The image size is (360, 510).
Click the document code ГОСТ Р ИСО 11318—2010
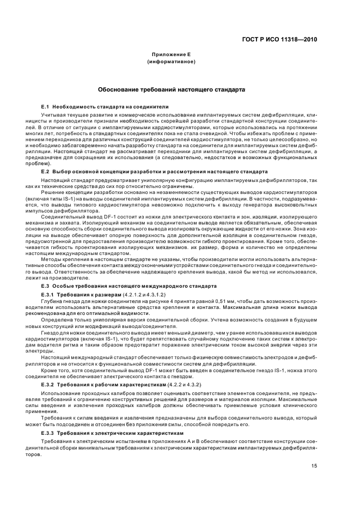tap(280, 40)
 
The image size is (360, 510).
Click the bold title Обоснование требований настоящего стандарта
tap(171, 89)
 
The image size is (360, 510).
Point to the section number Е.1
tap(46, 106)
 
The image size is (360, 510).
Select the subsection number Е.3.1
tap(49, 294)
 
